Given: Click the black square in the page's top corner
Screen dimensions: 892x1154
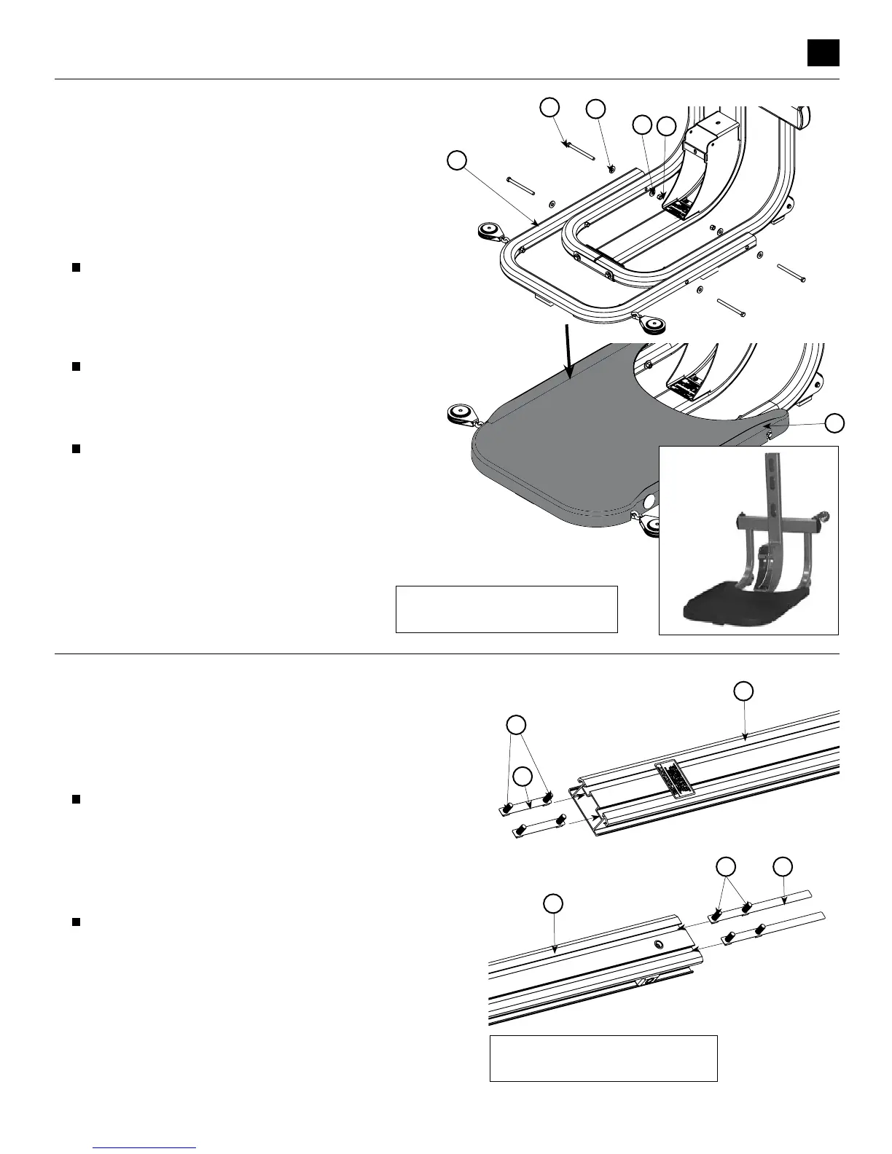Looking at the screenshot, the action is pos(823,52).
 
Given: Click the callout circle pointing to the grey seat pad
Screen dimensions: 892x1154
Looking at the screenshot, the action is pos(835,423).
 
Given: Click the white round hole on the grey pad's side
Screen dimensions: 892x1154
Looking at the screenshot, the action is pos(648,502).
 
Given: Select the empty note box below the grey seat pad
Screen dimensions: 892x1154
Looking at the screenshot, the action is pos(506,608).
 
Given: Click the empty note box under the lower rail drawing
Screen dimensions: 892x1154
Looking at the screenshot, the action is pos(603,1058).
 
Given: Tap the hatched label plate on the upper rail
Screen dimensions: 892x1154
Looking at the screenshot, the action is pos(675,781).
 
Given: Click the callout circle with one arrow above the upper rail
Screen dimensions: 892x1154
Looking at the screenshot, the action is pos(743,691).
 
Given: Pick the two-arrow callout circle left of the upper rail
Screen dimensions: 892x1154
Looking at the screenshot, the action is pos(516,725).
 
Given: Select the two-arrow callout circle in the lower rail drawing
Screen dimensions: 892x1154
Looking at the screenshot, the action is pos(725,866).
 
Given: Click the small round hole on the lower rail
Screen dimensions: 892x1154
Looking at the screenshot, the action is pos(658,944).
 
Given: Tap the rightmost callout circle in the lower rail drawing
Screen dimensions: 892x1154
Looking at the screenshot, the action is pos(783,866).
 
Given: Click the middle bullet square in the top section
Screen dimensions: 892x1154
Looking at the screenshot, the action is pos(75,366).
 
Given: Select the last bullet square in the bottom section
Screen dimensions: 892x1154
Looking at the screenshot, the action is pos(75,922).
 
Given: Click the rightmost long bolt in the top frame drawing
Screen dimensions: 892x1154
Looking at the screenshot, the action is pos(791,274).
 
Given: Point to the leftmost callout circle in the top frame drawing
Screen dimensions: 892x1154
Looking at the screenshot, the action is pos(457,160).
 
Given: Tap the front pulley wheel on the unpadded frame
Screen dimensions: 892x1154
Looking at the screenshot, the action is pos(652,324).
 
